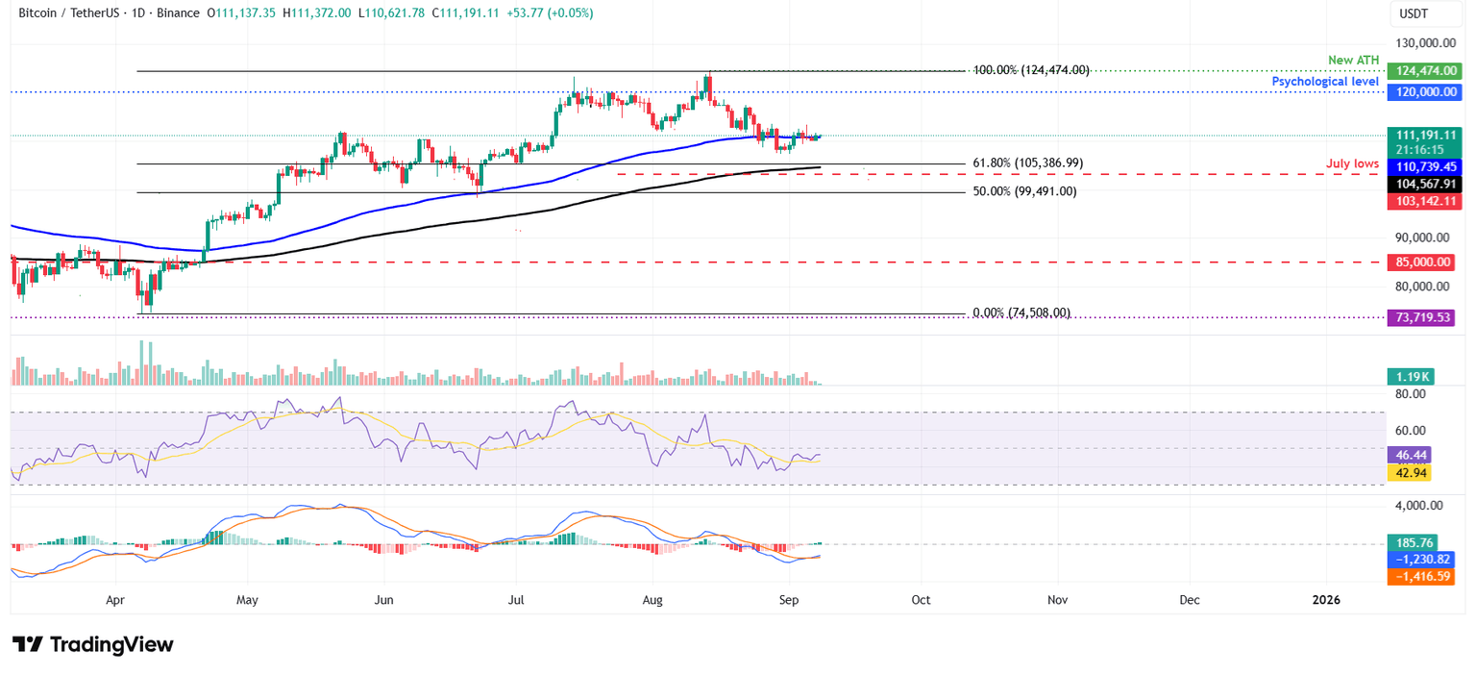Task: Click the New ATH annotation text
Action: click(x=1353, y=60)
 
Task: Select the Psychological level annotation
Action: click(x=1326, y=82)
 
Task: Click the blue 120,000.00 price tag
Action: click(x=1420, y=92)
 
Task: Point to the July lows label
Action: click(x=1353, y=164)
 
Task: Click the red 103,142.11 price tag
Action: click(x=1420, y=201)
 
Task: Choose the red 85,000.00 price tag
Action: click(x=1420, y=262)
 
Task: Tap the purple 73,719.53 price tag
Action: click(x=1420, y=318)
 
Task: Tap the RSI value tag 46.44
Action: click(x=1411, y=456)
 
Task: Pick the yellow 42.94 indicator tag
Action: click(x=1411, y=473)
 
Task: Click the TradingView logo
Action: click(x=93, y=644)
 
